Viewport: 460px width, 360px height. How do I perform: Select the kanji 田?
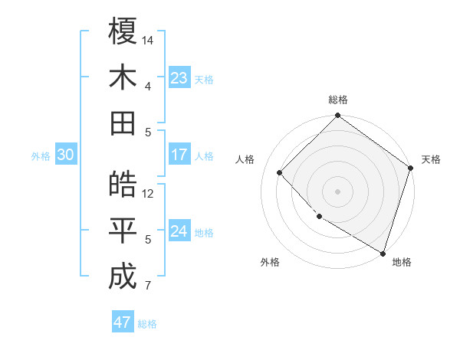(123, 122)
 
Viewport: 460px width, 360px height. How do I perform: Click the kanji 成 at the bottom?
(123, 276)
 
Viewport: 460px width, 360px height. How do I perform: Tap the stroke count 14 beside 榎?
(148, 39)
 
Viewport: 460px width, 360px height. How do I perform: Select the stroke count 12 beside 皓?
(148, 194)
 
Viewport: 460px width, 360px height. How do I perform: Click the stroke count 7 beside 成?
(148, 286)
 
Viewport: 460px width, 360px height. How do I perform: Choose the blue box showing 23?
(179, 78)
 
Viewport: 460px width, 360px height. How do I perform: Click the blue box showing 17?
(179, 155)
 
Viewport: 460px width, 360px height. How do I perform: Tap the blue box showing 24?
(179, 232)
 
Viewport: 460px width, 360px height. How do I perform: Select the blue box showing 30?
(65, 155)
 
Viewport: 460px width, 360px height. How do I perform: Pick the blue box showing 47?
(123, 322)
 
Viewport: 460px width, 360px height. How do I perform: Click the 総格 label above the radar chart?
(338, 100)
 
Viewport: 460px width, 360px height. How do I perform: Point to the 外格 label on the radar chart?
(270, 262)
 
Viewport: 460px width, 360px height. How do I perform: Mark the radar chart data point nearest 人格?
(280, 172)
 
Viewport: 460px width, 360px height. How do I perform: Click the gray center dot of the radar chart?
(337, 191)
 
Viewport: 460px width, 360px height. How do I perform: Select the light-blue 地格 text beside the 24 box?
(204, 233)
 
